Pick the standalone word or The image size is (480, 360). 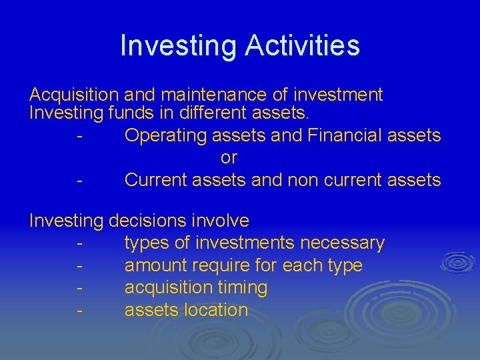[229, 158]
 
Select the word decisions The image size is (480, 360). [149, 221]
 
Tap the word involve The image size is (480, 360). [221, 221]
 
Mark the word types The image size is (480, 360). [147, 243]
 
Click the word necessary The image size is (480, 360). [340, 243]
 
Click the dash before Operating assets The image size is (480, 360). [79, 136]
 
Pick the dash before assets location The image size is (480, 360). [79, 311]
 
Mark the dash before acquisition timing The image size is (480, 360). [79, 289]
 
